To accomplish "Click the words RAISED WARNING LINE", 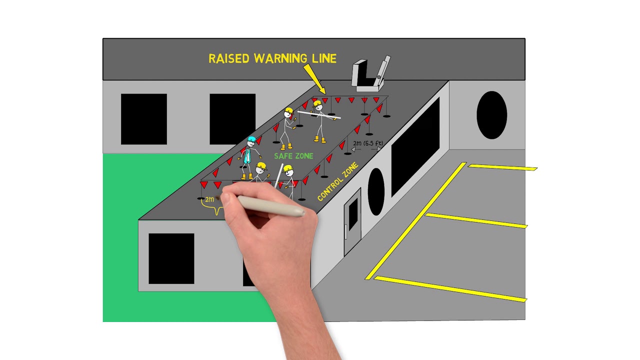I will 272,58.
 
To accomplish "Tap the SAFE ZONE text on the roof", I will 293,156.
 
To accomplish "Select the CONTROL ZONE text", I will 338,182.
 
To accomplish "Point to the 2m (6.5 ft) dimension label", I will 368,144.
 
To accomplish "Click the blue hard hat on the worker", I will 251,139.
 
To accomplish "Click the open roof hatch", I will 370,75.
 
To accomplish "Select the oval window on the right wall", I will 491,115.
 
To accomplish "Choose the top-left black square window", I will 144,119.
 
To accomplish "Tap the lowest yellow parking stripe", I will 450,289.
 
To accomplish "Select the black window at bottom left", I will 171,258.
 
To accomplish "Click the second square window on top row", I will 232,118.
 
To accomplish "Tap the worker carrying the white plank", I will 318,120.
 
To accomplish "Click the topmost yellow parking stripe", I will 502,167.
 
